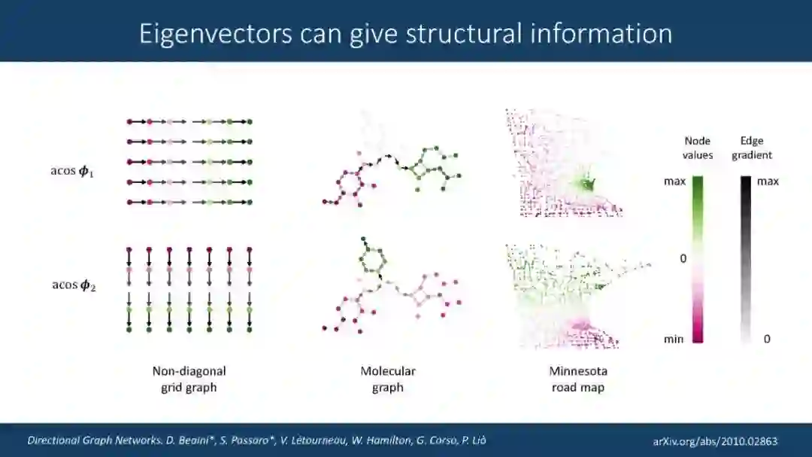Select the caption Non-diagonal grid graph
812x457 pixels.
189,379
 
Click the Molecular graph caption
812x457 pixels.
388,379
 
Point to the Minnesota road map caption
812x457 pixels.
577,379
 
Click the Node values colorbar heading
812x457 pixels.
698,148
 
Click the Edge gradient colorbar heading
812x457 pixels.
756,148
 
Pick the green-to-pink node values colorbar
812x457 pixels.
698,259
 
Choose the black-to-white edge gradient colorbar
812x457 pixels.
747,259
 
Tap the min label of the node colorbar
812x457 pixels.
674,339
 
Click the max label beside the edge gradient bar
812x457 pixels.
768,181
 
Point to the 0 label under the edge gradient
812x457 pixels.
767,339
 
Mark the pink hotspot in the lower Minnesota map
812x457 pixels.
580,325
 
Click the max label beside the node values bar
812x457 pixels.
674,181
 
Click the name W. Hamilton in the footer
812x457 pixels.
360,440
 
